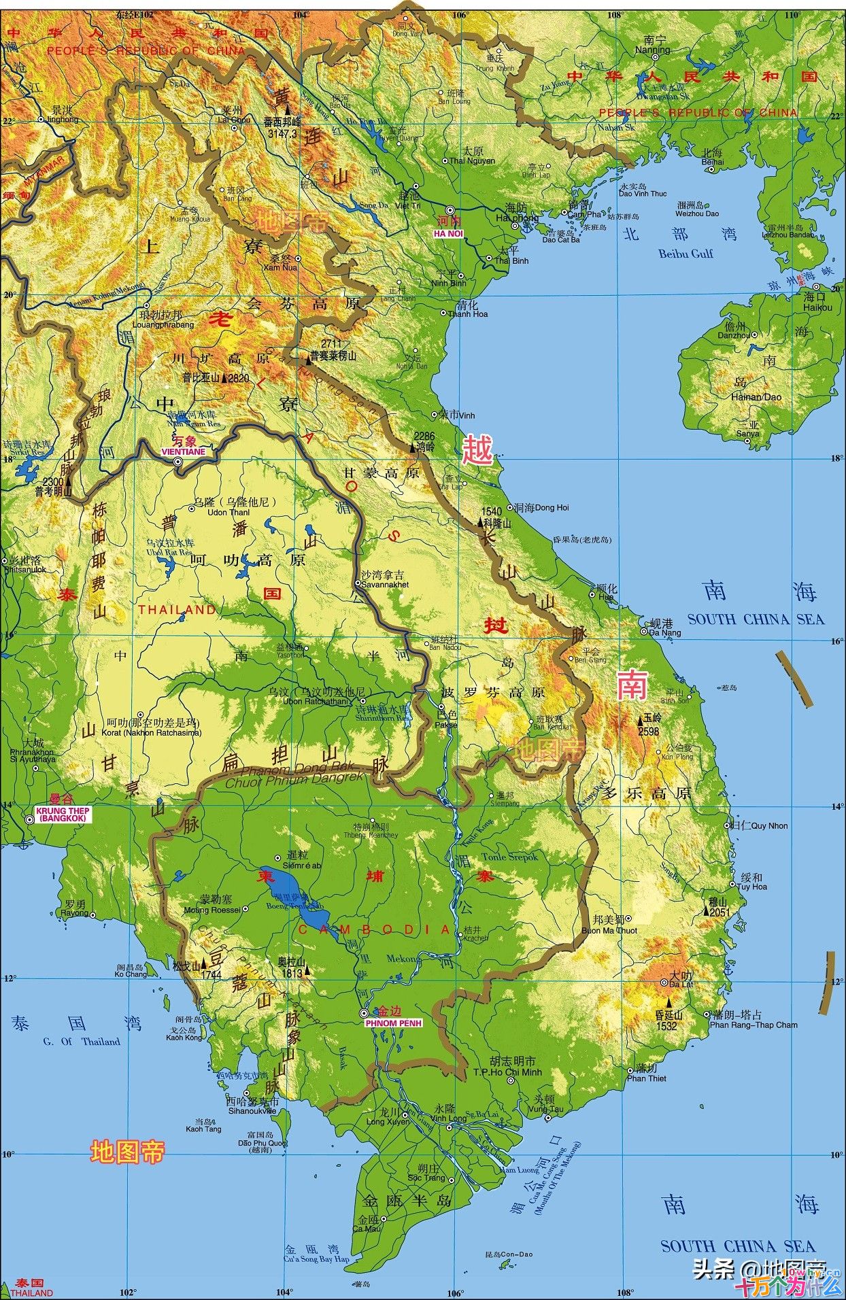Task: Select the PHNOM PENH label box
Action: click(x=393, y=1023)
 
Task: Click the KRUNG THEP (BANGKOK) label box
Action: click(x=62, y=815)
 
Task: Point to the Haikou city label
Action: click(x=817, y=307)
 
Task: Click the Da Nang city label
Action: click(x=664, y=632)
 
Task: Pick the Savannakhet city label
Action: click(x=385, y=584)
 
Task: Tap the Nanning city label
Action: click(x=652, y=50)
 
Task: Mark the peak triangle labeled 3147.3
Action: click(x=288, y=109)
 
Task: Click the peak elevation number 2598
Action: click(x=649, y=732)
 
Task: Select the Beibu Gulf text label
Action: click(x=686, y=254)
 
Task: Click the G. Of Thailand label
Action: click(x=82, y=1041)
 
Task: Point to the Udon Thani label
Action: click(x=229, y=512)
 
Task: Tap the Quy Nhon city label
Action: click(x=769, y=825)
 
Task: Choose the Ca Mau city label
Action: click(x=367, y=1229)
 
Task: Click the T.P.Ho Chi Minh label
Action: click(x=517, y=1072)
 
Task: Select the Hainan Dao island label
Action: click(x=756, y=396)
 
